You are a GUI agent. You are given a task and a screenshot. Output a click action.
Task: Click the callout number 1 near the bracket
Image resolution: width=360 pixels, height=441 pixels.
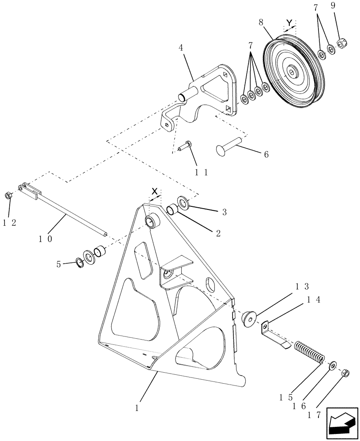click(x=137, y=408)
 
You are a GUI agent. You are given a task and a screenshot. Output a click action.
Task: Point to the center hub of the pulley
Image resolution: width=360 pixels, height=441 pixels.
click(x=292, y=71)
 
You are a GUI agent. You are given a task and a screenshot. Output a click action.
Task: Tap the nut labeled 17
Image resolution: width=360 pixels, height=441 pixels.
click(x=347, y=374)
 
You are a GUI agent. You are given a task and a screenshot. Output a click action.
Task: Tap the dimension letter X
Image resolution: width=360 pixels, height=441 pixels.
click(x=154, y=191)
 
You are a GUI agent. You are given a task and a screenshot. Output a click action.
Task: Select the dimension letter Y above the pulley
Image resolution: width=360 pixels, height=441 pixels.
click(x=289, y=22)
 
